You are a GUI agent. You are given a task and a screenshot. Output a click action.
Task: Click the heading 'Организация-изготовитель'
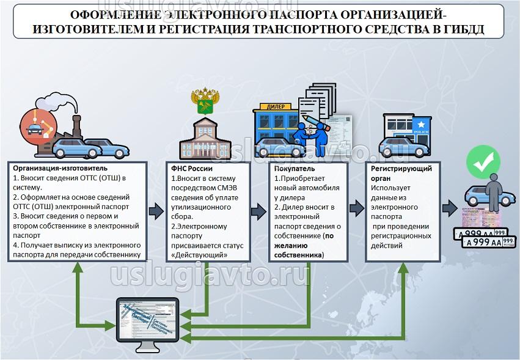click(60, 168)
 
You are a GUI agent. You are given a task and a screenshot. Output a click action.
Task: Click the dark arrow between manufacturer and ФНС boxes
click(156, 211)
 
